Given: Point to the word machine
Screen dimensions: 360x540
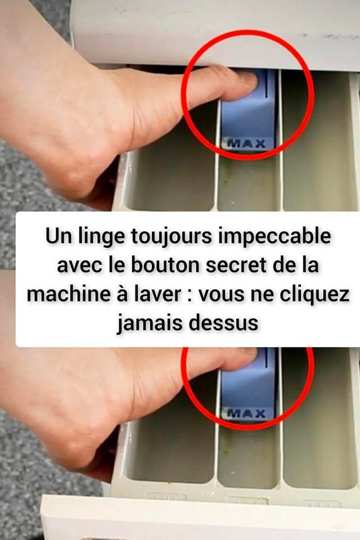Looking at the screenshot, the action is [67, 294].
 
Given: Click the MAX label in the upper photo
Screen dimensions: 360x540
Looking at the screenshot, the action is [247, 143].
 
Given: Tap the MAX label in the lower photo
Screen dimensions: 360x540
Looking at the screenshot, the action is [247, 413].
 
